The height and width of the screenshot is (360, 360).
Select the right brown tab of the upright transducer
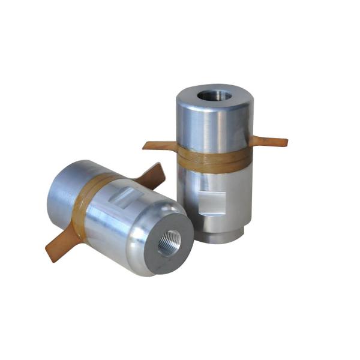[269, 142]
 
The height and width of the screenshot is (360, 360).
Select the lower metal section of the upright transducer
[231, 198]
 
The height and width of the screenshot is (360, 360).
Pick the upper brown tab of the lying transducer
[150, 174]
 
